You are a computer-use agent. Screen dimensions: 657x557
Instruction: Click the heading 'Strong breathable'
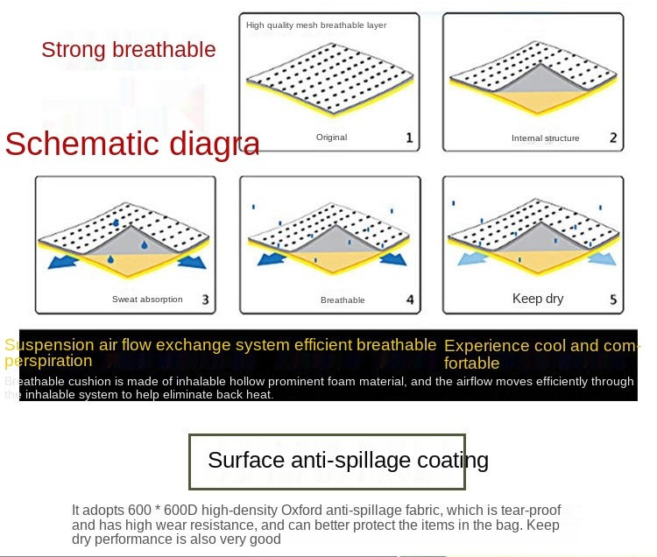[x=129, y=50]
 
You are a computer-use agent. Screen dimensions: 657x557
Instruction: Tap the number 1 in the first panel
[x=409, y=137]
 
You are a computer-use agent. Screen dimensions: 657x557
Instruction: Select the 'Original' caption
[x=331, y=137]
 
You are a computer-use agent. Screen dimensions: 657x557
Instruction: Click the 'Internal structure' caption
[x=545, y=138]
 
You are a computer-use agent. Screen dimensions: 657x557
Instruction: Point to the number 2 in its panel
[x=613, y=137]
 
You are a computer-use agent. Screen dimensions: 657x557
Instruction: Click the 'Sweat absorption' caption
[x=147, y=300]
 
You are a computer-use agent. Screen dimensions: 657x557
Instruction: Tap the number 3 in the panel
[x=205, y=300]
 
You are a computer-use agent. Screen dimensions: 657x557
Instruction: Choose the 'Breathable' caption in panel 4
[x=343, y=300]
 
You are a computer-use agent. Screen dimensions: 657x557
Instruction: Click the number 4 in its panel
[x=410, y=300]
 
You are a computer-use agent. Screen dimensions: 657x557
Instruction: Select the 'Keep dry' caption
[x=538, y=299]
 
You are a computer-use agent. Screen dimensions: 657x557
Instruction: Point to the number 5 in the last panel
[x=613, y=300]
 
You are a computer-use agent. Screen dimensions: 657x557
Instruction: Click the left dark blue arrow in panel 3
[x=63, y=262]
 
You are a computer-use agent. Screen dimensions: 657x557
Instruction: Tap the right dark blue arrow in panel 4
[x=393, y=258]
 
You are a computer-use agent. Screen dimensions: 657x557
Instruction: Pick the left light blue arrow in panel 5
[x=473, y=258]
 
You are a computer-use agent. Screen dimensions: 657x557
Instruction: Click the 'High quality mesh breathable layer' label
[x=316, y=25]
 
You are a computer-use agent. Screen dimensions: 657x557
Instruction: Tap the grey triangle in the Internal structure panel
[x=541, y=80]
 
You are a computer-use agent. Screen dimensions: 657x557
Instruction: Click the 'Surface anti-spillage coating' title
[x=348, y=461]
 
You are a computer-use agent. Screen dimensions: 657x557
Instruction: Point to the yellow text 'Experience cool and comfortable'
[x=541, y=355]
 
